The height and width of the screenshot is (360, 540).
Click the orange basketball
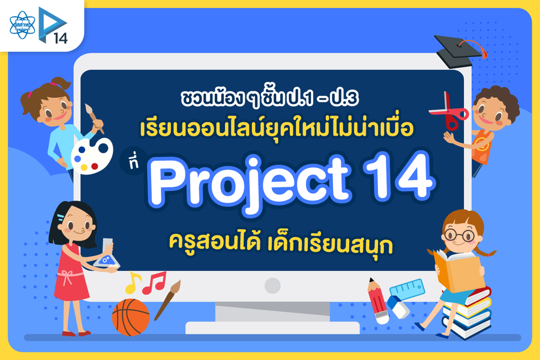[x=131, y=317]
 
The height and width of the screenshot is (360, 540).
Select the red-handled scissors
[x=449, y=112]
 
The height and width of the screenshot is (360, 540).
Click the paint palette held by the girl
[x=92, y=155]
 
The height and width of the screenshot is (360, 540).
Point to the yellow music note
[x=133, y=283]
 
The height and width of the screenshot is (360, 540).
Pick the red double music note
[x=154, y=283]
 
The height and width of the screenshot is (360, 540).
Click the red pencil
[x=378, y=301]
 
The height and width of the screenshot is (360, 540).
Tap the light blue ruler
[x=407, y=290]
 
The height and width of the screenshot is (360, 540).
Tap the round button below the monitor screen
[x=272, y=285]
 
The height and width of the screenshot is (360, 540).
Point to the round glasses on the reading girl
[x=459, y=236]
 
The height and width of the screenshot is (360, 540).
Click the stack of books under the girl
[x=467, y=313]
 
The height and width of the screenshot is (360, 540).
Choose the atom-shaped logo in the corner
[x=22, y=25]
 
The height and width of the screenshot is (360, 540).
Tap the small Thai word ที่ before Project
[x=134, y=161]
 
